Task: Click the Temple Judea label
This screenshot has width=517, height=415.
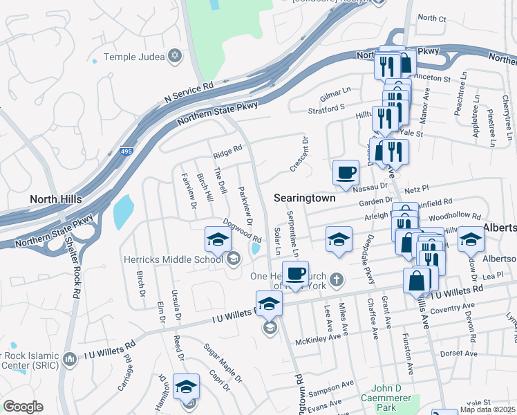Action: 135,57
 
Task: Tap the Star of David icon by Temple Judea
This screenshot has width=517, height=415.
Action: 175,55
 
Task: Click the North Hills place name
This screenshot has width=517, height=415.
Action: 56,199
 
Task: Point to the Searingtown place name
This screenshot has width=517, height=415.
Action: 304,198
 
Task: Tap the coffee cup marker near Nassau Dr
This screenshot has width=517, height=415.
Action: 346,173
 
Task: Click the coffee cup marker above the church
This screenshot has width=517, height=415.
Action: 295,273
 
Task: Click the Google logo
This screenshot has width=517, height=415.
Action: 23,407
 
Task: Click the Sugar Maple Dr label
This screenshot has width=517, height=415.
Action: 223,364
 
